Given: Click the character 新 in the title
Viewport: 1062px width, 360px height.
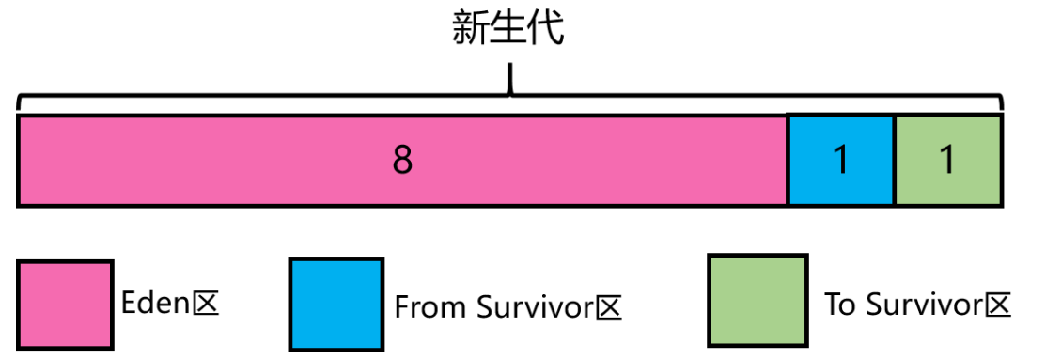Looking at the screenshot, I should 470,29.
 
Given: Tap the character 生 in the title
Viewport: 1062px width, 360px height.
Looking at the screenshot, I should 508,29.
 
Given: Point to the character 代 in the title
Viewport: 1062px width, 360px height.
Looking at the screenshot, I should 547,29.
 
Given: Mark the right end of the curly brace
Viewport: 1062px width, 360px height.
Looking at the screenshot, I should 1002,104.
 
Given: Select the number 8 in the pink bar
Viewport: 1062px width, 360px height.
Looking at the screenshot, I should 402,162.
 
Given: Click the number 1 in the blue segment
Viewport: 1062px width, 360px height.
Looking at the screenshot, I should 841,162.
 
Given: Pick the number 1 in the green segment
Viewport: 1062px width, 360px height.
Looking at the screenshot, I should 948,162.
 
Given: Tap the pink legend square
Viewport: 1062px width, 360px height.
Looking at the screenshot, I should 65,304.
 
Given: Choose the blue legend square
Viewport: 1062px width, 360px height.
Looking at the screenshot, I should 336,304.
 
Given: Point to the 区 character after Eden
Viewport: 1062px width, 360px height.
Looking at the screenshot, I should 206,304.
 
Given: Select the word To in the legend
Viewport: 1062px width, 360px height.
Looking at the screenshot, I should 841,305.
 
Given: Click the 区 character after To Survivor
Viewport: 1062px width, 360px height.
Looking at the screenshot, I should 998,305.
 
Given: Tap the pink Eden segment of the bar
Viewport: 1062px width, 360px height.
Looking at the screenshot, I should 235,160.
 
